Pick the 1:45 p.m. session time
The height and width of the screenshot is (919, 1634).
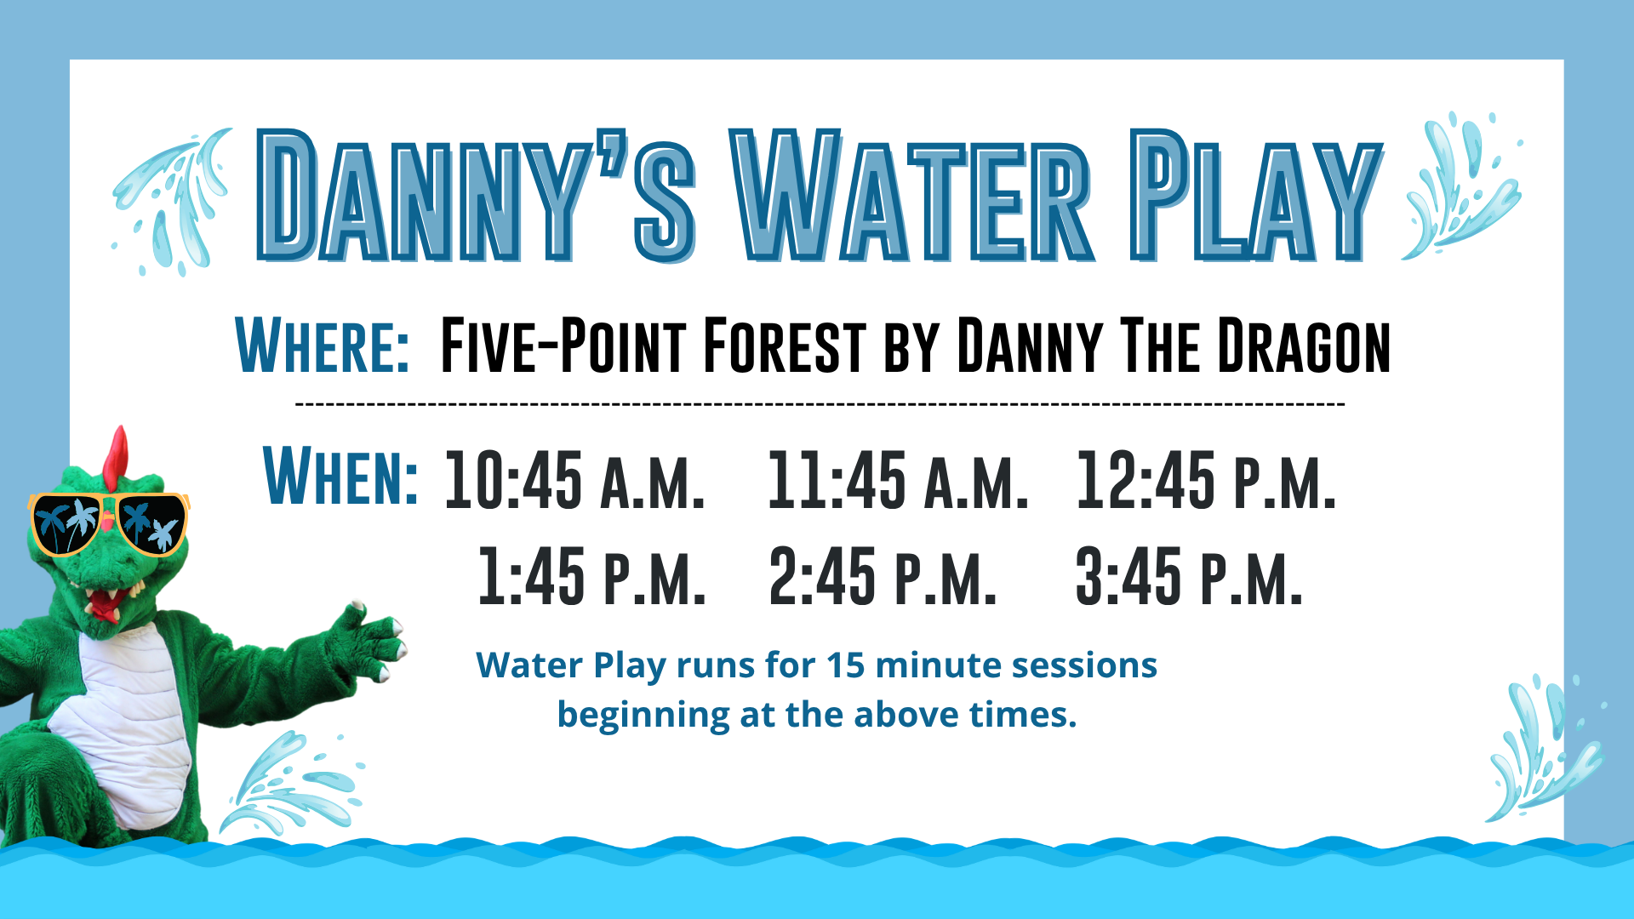tap(591, 576)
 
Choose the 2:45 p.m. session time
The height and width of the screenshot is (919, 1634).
tap(883, 576)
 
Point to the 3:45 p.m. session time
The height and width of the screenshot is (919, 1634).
tap(1189, 576)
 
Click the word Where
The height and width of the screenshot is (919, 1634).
tap(323, 345)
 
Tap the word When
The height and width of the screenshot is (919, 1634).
tap(340, 476)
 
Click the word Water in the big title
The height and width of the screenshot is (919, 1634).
tap(911, 196)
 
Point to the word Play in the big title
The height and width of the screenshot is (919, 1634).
tap(1256, 196)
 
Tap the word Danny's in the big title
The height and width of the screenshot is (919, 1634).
tap(477, 196)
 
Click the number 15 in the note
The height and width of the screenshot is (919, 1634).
tap(846, 665)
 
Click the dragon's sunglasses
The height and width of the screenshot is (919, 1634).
tap(108, 522)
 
